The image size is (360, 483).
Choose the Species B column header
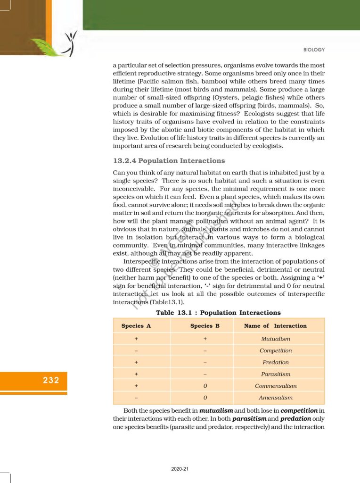pyautogui.click(x=205, y=325)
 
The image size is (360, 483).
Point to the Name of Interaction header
pyautogui.click(x=275, y=325)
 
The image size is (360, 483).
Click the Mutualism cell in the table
pyautogui.click(x=276, y=339)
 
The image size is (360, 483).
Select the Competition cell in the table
pyautogui.click(x=276, y=350)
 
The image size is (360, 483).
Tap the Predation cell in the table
pyautogui.click(x=276, y=362)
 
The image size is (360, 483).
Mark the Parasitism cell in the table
pyautogui.click(x=276, y=374)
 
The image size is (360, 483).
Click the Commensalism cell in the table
pyautogui.click(x=276, y=386)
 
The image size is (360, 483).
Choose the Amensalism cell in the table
pyautogui.click(x=276, y=398)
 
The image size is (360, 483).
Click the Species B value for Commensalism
pyautogui.click(x=205, y=386)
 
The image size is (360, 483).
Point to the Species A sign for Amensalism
pyautogui.click(x=136, y=398)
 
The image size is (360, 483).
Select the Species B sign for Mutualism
pyautogui.click(x=205, y=339)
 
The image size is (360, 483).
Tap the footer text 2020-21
pyautogui.click(x=180, y=469)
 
